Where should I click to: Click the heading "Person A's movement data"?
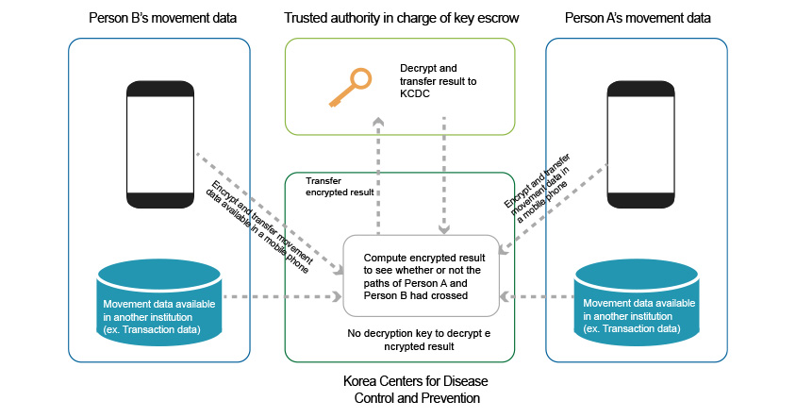(x=638, y=19)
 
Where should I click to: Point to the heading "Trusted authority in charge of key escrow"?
(x=399, y=19)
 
